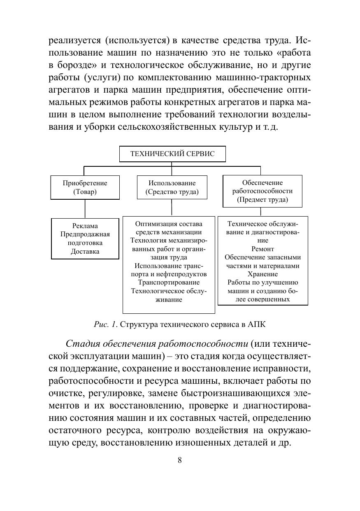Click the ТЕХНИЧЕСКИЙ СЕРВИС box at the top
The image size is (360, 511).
(x=172, y=154)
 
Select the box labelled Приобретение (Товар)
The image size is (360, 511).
(x=85, y=187)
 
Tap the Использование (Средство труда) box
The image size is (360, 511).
(x=172, y=187)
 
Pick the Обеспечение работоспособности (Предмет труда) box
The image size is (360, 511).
(x=262, y=191)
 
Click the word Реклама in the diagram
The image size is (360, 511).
(x=85, y=226)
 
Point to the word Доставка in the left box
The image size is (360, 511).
(x=85, y=251)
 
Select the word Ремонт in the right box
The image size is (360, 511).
(x=262, y=249)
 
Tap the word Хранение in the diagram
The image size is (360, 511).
(x=262, y=274)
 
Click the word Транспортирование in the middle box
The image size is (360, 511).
(x=169, y=282)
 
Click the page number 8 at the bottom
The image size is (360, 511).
(x=180, y=460)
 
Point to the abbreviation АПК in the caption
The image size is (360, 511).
(x=257, y=324)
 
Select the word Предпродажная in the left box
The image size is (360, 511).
(x=85, y=234)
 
